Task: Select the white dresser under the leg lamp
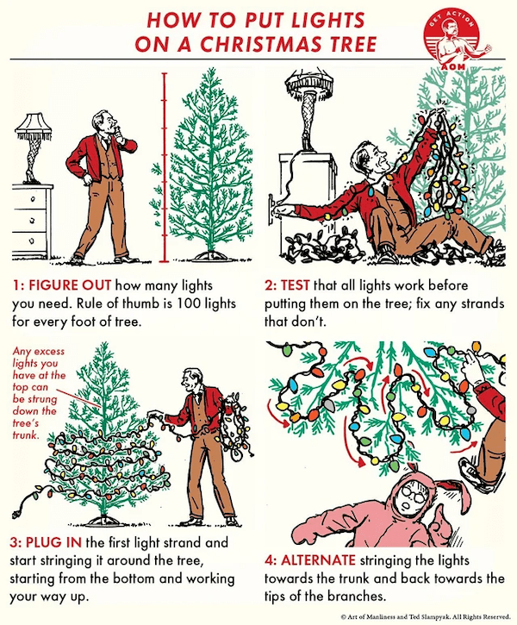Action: (x=31, y=222)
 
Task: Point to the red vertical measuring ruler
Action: (x=164, y=167)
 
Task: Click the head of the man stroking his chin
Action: (x=106, y=122)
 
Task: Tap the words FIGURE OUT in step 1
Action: (x=70, y=286)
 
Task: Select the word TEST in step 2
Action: (x=296, y=286)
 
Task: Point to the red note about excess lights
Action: (x=38, y=393)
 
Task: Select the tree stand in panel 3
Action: (x=103, y=521)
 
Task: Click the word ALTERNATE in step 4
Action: (x=317, y=560)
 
